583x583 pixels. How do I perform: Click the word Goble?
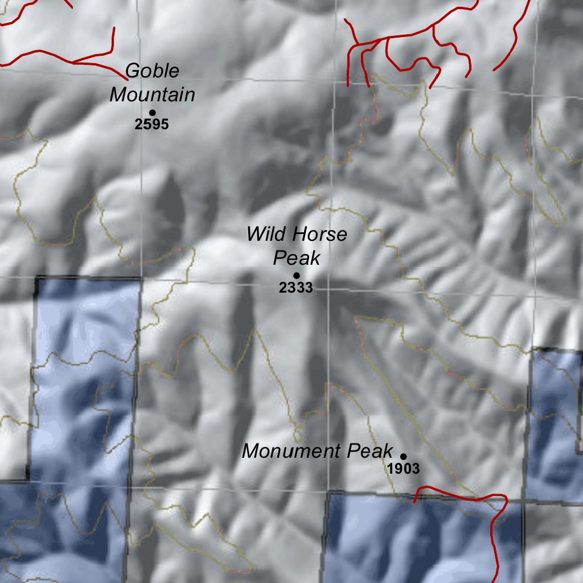152,71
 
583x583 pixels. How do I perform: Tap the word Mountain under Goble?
152,95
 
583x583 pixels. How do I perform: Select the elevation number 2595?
152,124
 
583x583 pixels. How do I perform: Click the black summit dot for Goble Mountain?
153,113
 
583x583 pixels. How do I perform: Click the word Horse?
318,234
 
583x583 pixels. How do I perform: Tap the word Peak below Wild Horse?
296,258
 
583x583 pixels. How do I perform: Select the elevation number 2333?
296,288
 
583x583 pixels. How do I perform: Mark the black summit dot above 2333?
296,276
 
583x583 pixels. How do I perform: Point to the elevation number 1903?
403,469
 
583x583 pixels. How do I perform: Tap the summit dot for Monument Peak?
404,457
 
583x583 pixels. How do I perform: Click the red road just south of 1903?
455,494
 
